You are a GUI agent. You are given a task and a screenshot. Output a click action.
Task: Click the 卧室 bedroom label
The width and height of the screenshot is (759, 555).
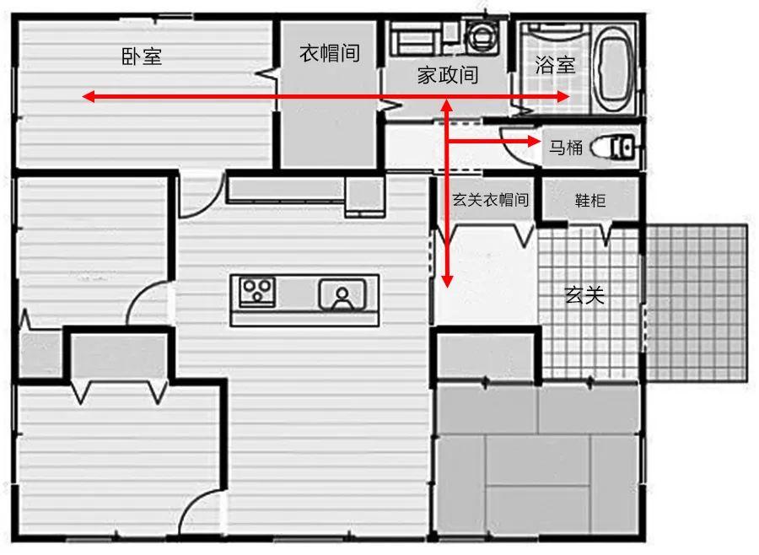tap(142, 57)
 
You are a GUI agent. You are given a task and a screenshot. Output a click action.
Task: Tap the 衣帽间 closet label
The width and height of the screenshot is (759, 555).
tap(329, 53)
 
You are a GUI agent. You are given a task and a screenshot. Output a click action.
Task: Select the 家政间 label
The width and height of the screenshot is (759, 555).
tap(448, 75)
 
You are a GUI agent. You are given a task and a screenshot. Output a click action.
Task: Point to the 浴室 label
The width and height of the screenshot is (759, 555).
tap(556, 65)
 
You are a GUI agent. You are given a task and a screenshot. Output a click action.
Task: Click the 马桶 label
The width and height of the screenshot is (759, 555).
tap(566, 148)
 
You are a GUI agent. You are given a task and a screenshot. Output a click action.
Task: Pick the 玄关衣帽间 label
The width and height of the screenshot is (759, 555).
tap(491, 200)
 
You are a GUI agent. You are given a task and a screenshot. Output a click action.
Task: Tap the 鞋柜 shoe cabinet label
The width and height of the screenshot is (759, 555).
tap(590, 201)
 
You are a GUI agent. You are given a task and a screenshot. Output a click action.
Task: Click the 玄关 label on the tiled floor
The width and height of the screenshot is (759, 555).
tap(584, 295)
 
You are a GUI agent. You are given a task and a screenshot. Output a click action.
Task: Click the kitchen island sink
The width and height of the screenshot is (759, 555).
tap(342, 295)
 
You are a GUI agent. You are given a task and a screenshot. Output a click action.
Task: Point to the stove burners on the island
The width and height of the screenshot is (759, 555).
tap(257, 292)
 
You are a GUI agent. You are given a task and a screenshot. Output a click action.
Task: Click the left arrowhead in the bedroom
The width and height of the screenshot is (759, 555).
tap(88, 97)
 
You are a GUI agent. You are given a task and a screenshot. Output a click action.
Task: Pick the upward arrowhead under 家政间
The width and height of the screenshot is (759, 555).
tap(447, 105)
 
